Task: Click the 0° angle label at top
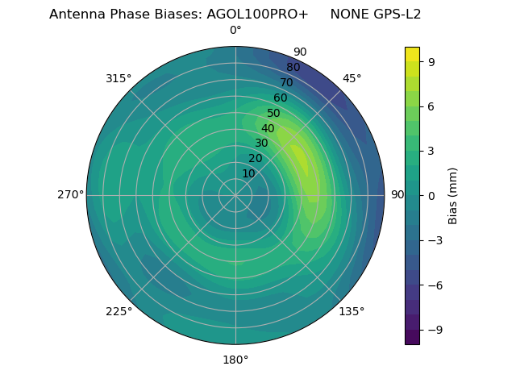pyautogui.click(x=235, y=31)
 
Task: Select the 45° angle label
pyautogui.click(x=352, y=78)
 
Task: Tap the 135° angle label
pyautogui.click(x=352, y=311)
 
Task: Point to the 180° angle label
pyautogui.click(x=235, y=360)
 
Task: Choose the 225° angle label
pyautogui.click(x=119, y=311)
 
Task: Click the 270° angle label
pyautogui.click(x=70, y=194)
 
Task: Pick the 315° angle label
pyautogui.click(x=119, y=78)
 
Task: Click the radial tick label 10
pyautogui.click(x=248, y=174)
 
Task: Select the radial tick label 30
pyautogui.click(x=261, y=144)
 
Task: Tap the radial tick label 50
pyautogui.click(x=273, y=114)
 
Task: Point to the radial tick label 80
pyautogui.click(x=293, y=68)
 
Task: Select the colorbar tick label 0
pyautogui.click(x=431, y=195)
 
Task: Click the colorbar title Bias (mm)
pyautogui.click(x=453, y=195)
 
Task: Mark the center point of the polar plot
pyautogui.click(x=235, y=195)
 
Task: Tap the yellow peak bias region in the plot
pyautogui.click(x=300, y=158)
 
